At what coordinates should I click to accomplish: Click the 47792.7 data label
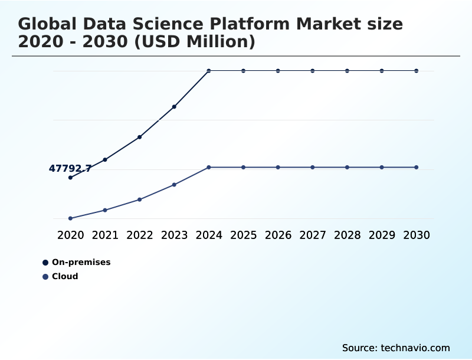(70, 169)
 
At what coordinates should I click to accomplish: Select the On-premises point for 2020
(70, 178)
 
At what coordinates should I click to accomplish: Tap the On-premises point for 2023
(174, 107)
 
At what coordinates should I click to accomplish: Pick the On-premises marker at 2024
(209, 71)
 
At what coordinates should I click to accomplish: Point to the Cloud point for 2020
(70, 218)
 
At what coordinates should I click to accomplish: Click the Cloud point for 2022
(139, 199)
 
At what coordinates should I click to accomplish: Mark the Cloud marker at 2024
(209, 168)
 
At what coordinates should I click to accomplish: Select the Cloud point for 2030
(417, 168)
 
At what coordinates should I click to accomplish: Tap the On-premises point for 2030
(417, 71)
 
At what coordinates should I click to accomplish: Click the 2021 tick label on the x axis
(105, 235)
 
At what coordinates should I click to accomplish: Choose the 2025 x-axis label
(243, 235)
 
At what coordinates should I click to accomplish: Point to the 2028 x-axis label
(347, 235)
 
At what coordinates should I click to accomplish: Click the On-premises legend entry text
(81, 262)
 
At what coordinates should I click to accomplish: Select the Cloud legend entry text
(65, 276)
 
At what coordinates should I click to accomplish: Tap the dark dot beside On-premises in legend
(45, 263)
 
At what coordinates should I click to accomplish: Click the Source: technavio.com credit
(396, 348)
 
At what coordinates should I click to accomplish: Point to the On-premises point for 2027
(313, 71)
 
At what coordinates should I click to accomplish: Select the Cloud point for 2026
(278, 168)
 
